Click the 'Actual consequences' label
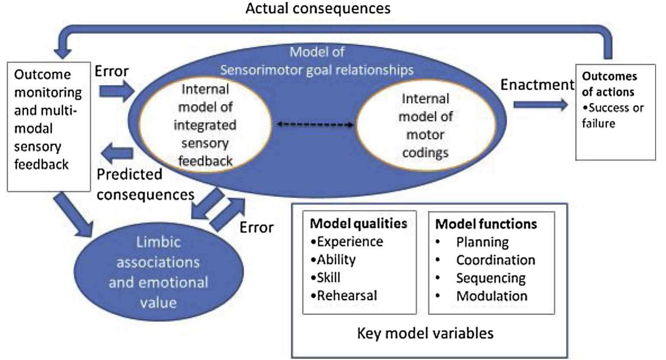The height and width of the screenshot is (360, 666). coord(318,8)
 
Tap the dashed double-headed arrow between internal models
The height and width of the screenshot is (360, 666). coord(315,125)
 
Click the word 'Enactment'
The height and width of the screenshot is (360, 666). coord(537,85)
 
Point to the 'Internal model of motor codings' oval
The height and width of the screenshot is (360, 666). coord(425,126)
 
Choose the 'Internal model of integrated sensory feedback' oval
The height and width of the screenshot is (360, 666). coord(205,125)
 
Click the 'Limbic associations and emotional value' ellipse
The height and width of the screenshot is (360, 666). coord(158,272)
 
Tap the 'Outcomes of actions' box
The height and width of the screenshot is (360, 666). coord(615,112)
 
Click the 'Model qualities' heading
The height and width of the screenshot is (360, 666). coord(359,224)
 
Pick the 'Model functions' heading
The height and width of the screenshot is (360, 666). coord(486,224)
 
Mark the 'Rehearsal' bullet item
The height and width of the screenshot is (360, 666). coord(346,295)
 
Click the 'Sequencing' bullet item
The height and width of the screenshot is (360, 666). coord(491,278)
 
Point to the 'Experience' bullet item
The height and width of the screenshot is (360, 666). coord(349,242)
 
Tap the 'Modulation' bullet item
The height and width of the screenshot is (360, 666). coord(491,296)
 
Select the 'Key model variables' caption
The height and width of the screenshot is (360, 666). coord(425,333)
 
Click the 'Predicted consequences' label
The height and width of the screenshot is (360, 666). coord(145,185)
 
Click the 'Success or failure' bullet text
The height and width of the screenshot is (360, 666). coord(613,116)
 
